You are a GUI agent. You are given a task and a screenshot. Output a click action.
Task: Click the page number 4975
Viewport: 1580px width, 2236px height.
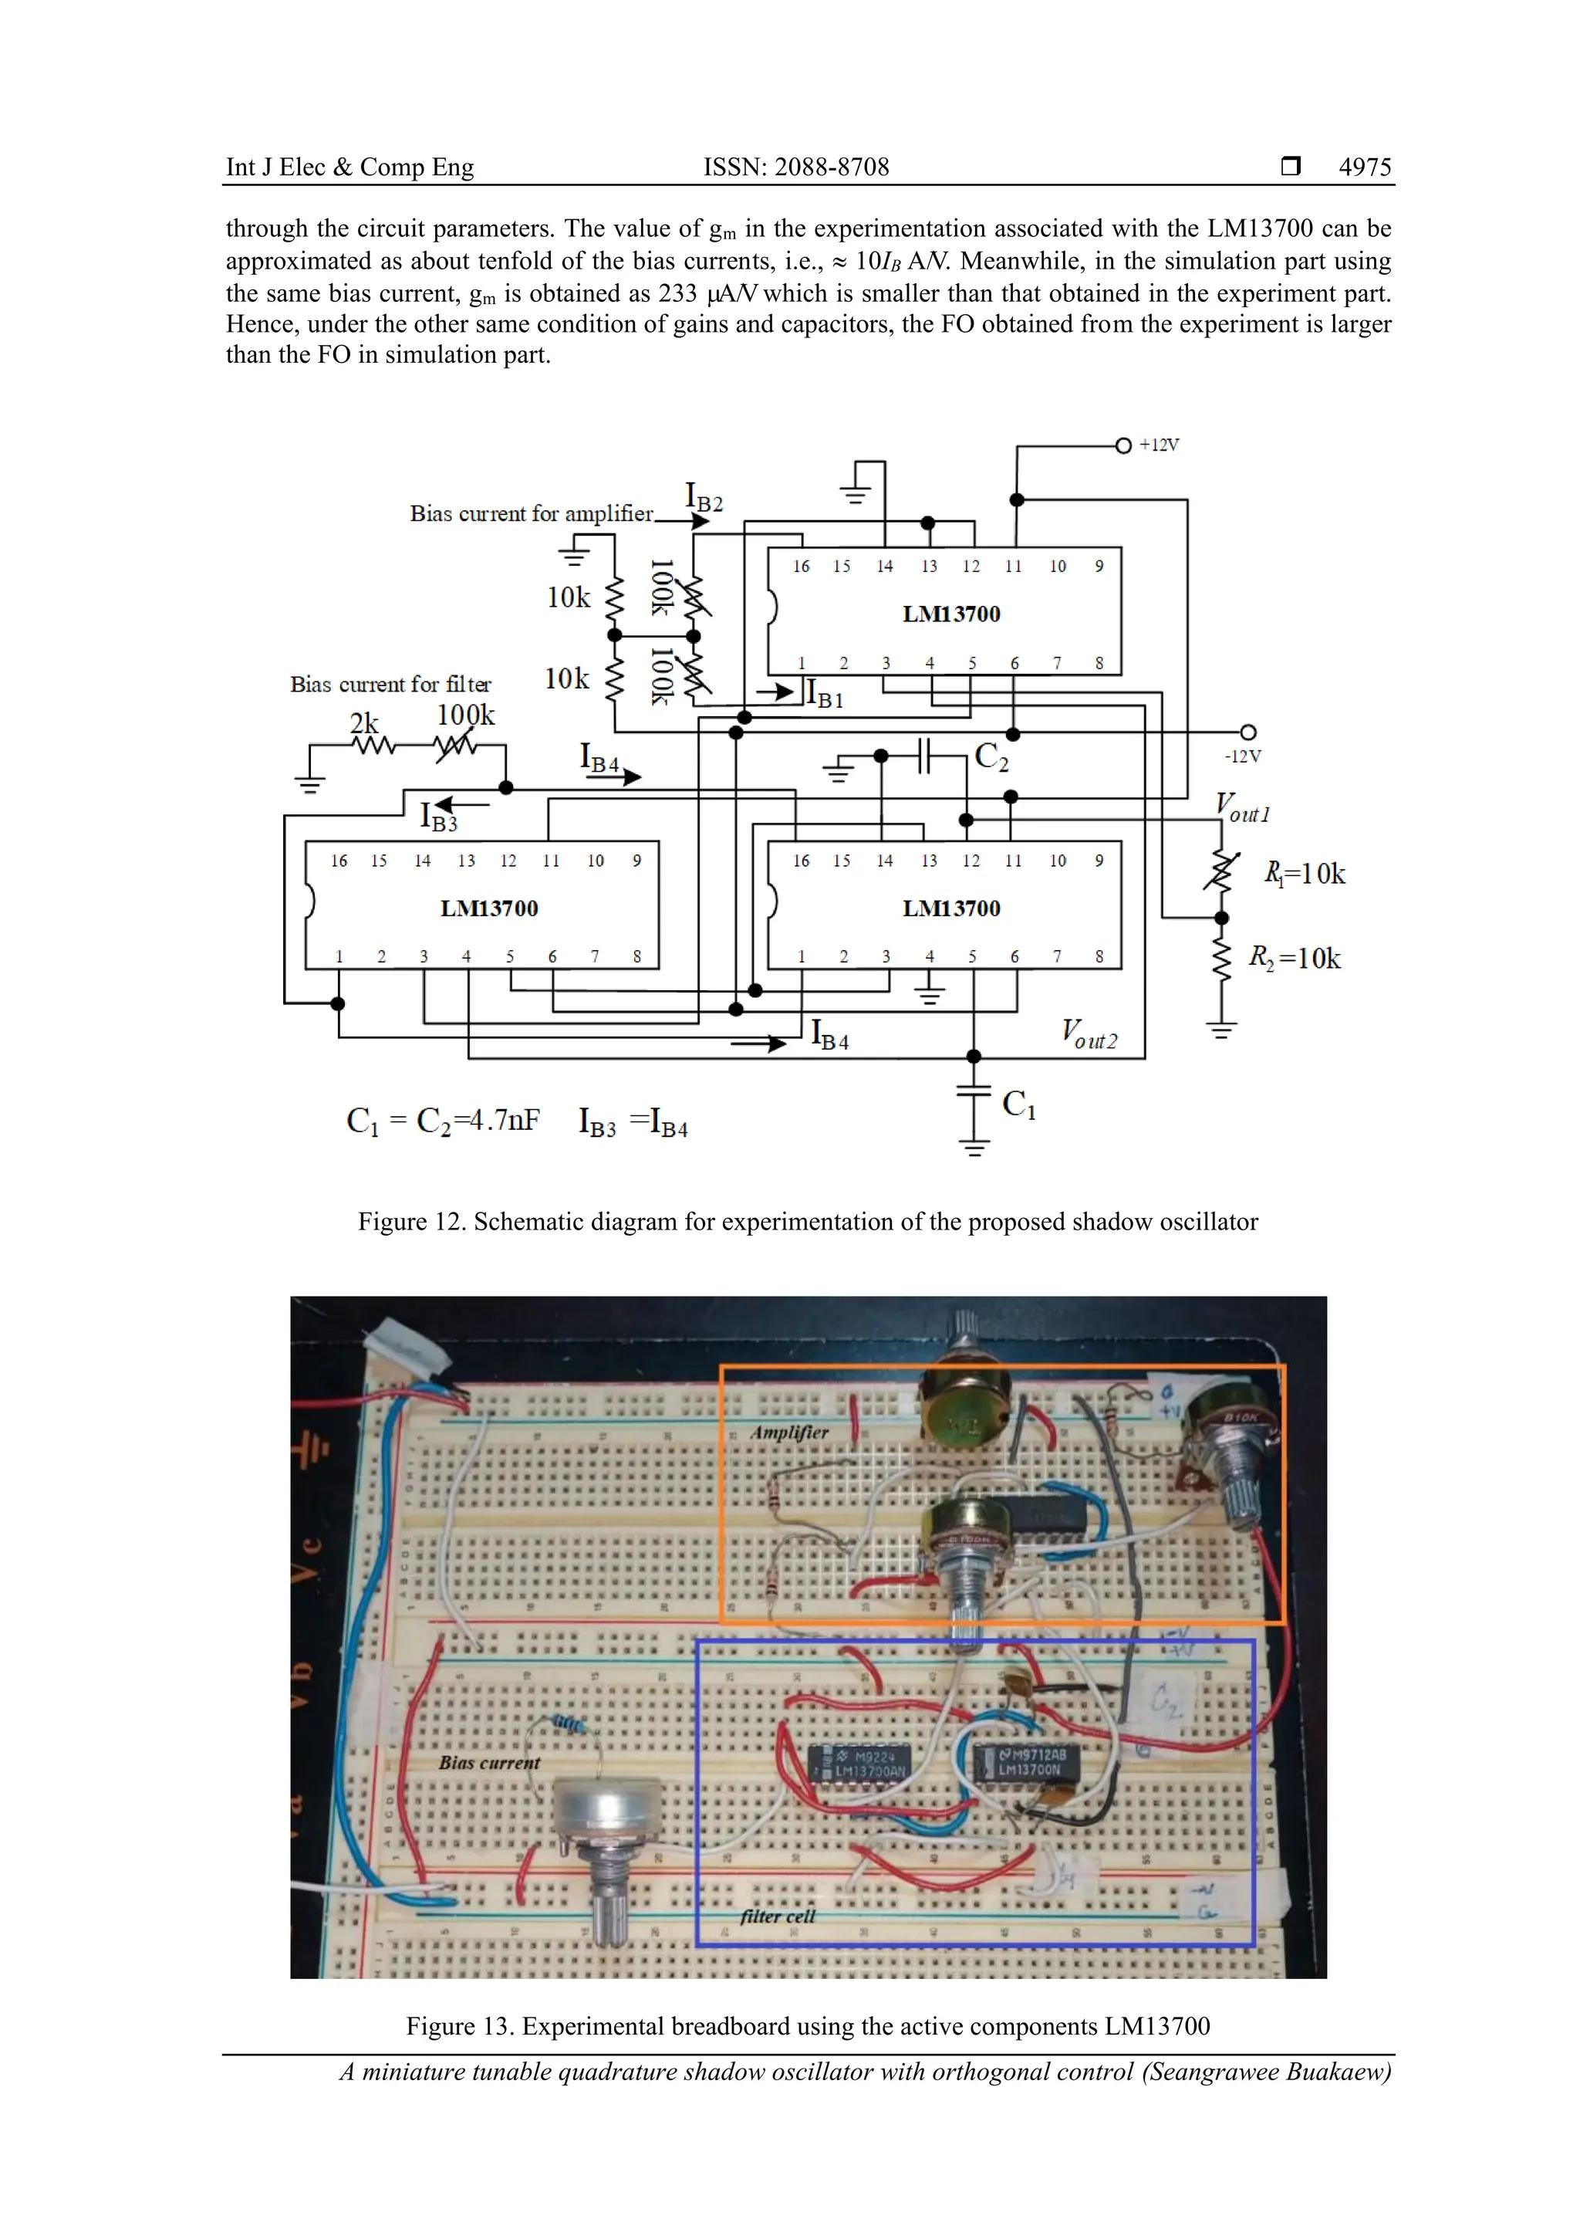tap(1364, 167)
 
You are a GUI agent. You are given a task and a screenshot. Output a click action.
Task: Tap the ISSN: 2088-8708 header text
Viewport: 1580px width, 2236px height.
tap(795, 167)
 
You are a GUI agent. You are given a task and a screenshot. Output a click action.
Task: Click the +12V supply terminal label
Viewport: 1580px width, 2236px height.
tap(1159, 445)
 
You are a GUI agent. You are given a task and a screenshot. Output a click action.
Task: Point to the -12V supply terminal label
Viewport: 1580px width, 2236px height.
tap(1242, 756)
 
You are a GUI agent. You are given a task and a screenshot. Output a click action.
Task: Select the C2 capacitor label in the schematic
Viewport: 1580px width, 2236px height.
tap(991, 756)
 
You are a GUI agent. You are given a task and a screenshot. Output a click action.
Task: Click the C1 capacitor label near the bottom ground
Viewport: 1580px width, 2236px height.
tap(1018, 1104)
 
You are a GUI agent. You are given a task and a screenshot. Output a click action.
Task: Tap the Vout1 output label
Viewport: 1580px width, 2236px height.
tap(1242, 808)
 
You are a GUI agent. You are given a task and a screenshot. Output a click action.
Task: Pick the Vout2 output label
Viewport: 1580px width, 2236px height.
tap(1089, 1034)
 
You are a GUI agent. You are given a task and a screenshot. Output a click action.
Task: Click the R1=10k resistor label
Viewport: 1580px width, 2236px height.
tap(1305, 874)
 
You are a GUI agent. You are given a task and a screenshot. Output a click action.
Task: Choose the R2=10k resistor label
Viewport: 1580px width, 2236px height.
tap(1295, 959)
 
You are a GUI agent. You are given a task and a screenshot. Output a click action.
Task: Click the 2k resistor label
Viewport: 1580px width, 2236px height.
tap(364, 722)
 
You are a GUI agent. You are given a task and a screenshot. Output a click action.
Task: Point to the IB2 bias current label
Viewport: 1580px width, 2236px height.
tap(704, 498)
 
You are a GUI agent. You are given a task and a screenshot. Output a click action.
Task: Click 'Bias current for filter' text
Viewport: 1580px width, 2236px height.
tap(390, 684)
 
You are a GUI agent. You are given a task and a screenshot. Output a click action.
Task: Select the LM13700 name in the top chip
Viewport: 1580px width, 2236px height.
tap(951, 614)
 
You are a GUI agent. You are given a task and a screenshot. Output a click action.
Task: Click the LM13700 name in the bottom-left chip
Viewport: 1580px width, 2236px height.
tap(488, 908)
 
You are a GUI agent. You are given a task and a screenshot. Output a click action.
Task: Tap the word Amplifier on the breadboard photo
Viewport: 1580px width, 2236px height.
tap(788, 1433)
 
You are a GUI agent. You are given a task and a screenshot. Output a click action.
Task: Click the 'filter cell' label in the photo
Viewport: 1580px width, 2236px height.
tap(777, 1916)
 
